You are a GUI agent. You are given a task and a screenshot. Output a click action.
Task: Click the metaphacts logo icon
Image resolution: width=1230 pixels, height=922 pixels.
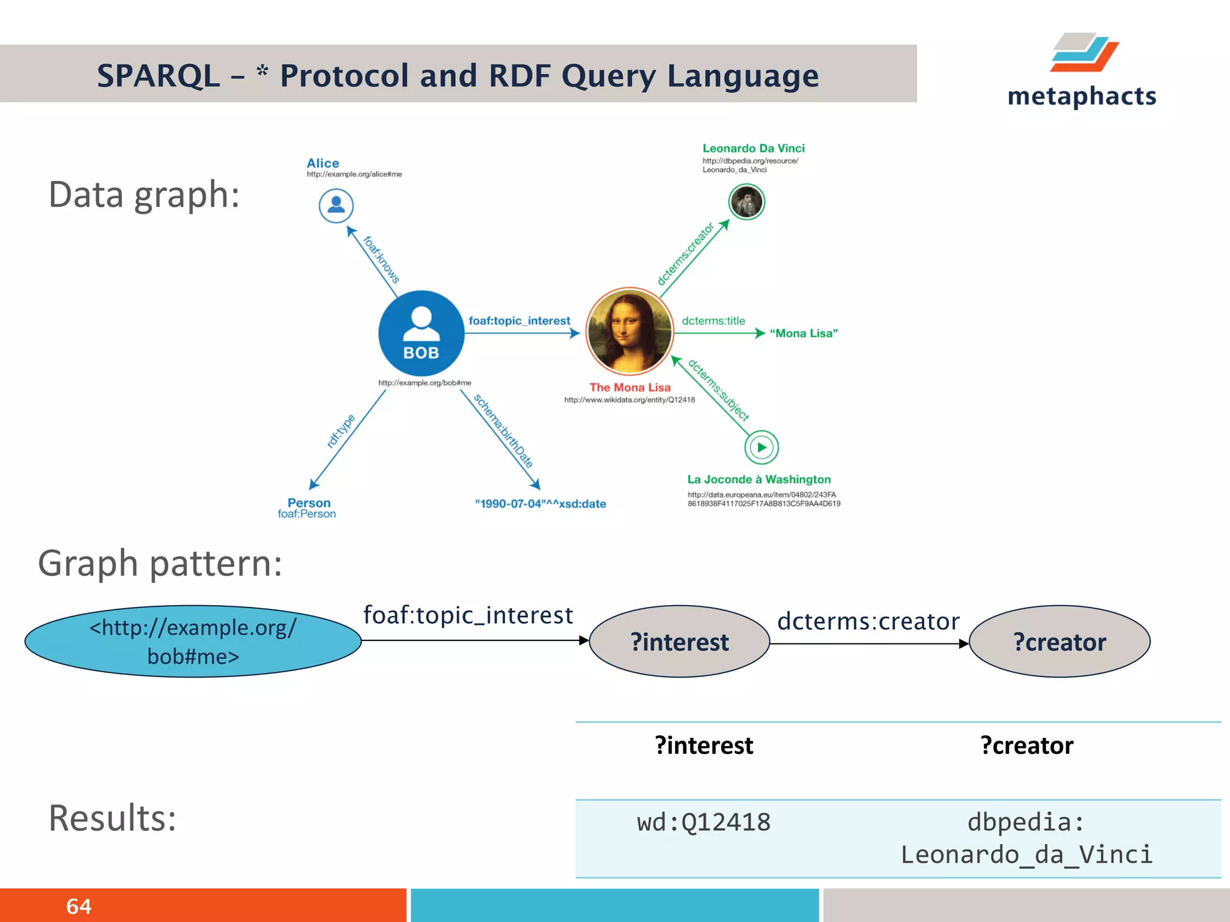coord(1084,53)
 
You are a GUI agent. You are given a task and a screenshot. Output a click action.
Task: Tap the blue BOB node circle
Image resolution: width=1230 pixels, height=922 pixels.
coord(421,333)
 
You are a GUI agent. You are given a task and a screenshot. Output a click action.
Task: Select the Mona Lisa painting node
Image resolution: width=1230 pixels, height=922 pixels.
coord(629,331)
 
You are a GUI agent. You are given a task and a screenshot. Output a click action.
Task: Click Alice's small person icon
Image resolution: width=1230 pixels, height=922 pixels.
coord(336,206)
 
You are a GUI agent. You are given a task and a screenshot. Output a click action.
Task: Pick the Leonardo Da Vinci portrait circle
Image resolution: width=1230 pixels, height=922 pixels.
coord(746,202)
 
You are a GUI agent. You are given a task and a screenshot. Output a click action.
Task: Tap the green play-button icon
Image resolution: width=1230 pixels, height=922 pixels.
coord(762,447)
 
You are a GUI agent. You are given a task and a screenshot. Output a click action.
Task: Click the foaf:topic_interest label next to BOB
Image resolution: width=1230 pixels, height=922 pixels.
coord(519,321)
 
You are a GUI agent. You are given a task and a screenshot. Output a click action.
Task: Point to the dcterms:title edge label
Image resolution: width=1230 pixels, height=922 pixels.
coord(713,321)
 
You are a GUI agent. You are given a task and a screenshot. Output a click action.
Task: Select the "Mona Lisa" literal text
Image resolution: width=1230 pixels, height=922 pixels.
coord(804,333)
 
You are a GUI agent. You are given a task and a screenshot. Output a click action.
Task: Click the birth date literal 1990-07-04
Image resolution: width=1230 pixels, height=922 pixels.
coord(540,504)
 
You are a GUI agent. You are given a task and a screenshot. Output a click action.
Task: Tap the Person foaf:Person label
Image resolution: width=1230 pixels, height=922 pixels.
coord(307,508)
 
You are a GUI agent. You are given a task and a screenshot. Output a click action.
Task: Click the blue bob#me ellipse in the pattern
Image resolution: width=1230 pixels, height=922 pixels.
coord(193,642)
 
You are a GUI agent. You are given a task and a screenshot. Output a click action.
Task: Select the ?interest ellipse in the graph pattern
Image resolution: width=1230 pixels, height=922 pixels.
coord(679,642)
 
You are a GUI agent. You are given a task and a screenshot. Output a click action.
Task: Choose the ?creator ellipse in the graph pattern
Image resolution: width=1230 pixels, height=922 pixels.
coord(1059,642)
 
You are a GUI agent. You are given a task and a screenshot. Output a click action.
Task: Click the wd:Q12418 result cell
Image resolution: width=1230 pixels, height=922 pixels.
coord(703,822)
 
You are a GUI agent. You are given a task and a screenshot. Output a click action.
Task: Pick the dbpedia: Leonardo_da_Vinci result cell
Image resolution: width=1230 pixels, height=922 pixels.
coord(1026,839)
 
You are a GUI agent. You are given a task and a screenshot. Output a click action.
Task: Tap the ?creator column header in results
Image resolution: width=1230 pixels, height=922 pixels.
coord(1026,746)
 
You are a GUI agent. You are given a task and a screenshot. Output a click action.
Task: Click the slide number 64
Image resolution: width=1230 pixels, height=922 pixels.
coord(79,906)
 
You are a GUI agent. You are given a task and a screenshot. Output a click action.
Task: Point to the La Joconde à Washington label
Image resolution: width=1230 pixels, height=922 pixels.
coord(759,479)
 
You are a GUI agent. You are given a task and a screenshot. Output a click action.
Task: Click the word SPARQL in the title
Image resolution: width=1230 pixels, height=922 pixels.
coord(159,76)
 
